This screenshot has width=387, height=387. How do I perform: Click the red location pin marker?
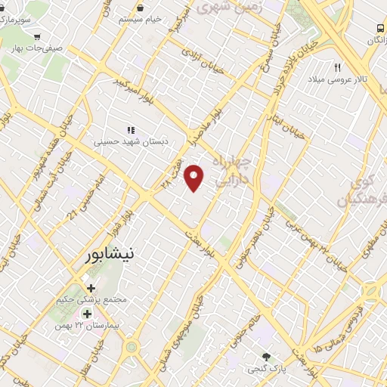(x=195, y=178)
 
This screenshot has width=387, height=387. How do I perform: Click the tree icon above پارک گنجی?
(x=265, y=357)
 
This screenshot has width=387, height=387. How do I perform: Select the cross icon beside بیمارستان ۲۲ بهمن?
(x=88, y=314)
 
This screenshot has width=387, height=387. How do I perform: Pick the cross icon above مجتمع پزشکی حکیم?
(x=91, y=288)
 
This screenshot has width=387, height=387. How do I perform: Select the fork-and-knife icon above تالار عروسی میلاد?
(x=338, y=67)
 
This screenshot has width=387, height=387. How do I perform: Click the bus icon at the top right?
(x=379, y=29)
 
